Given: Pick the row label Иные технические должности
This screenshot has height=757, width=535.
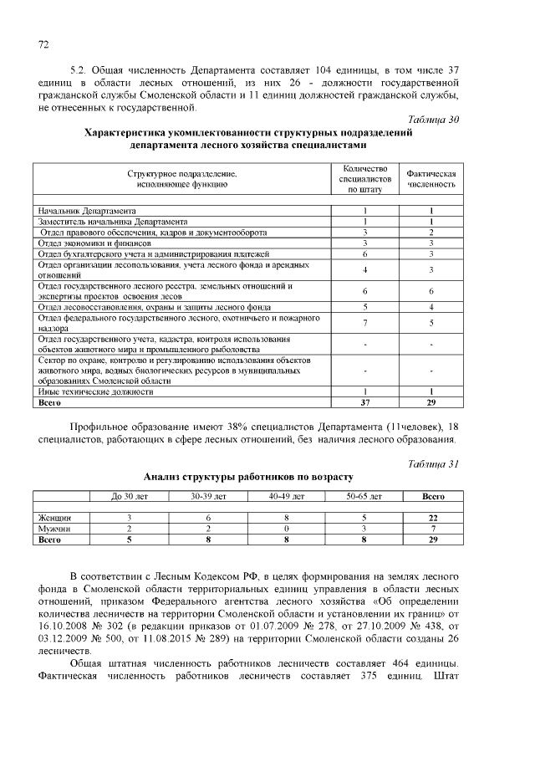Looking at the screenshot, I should click(x=96, y=391).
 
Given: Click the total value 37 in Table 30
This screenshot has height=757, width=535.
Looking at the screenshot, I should click(x=365, y=402).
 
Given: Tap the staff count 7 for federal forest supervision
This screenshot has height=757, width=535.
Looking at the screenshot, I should click(x=365, y=323).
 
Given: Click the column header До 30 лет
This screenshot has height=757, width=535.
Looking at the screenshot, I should click(x=129, y=497).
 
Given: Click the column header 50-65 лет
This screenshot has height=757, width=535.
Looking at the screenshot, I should click(x=364, y=497).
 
